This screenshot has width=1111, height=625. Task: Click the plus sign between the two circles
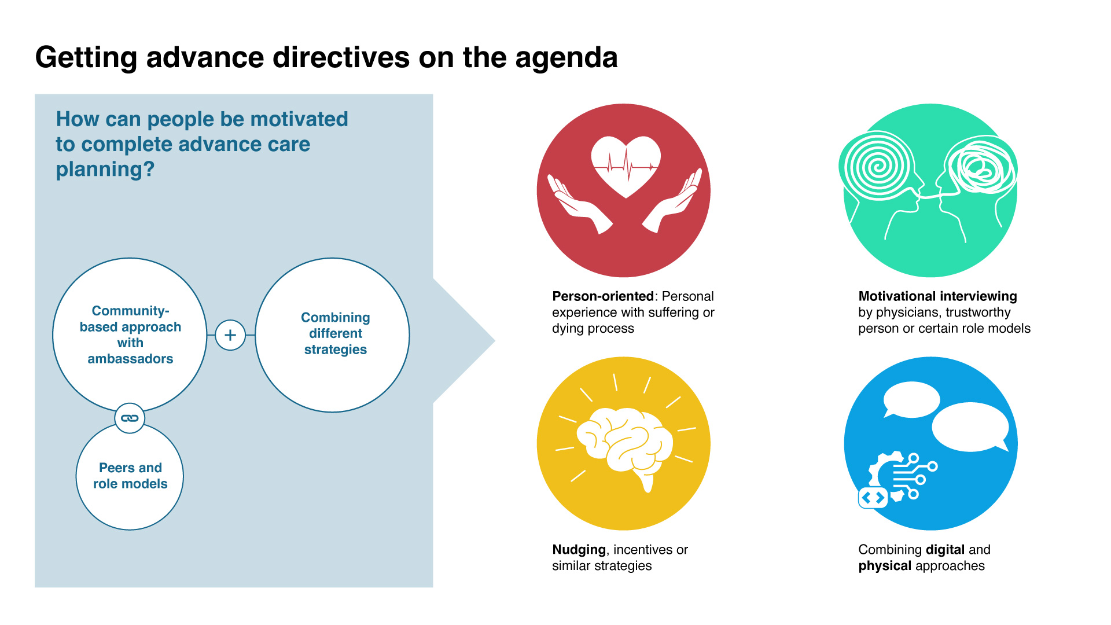(230, 335)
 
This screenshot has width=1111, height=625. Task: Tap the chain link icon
(130, 418)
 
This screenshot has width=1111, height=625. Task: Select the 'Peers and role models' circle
(130, 476)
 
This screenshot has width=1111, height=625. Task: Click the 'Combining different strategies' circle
(333, 335)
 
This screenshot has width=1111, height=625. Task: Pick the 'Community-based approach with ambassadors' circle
(130, 334)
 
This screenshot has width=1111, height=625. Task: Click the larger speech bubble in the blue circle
(970, 427)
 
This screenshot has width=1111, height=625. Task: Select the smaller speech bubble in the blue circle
(911, 399)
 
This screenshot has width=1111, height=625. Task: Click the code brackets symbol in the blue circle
(873, 498)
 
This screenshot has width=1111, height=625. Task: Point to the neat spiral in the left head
(878, 167)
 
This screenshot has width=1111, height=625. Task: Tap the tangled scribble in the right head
(981, 168)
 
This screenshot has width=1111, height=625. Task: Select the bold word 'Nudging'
(579, 550)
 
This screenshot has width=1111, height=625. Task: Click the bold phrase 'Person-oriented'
(602, 296)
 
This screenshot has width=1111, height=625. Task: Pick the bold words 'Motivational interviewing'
(937, 296)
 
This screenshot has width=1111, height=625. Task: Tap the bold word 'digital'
(945, 550)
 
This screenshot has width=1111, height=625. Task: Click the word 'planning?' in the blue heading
(105, 170)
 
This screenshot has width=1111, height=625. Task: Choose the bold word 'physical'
(885, 566)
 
